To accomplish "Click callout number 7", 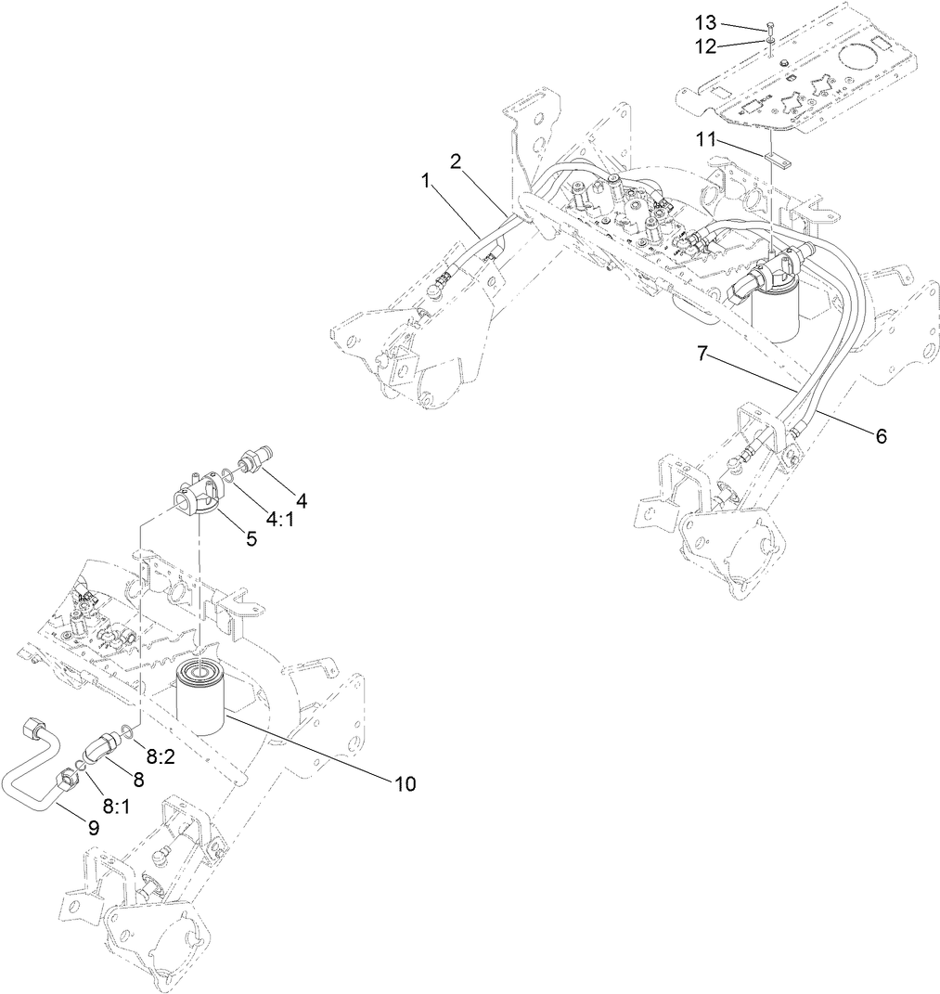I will point(703,353).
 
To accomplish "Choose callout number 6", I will point(881,434).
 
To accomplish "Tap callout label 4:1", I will point(279,521).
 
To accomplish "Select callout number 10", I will point(403,784).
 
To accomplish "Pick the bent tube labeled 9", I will point(37,766).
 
